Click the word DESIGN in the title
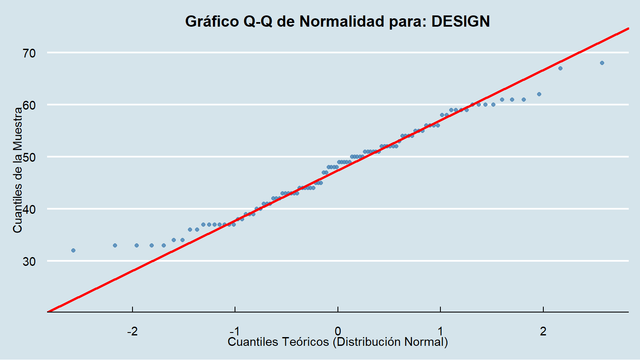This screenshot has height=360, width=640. click(x=460, y=21)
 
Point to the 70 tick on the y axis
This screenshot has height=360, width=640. click(x=30, y=53)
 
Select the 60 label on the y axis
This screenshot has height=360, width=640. click(x=30, y=105)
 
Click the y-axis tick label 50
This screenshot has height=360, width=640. click(x=30, y=157)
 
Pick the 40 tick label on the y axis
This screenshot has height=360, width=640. click(x=30, y=210)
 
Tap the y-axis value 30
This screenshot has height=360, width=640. click(x=30, y=262)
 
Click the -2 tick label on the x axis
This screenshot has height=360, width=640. click(x=132, y=331)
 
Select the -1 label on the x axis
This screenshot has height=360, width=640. click(x=235, y=331)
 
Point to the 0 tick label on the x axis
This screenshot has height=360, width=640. click(x=337, y=331)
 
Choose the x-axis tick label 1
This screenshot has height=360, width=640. click(x=440, y=331)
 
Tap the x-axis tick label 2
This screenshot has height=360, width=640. click(x=543, y=331)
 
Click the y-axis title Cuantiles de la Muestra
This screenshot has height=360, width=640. click(x=17, y=170)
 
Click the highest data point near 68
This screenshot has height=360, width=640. click(x=602, y=63)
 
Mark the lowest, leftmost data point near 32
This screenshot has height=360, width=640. click(x=73, y=250)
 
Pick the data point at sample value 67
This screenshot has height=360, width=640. click(x=560, y=68)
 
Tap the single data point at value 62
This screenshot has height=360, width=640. click(x=539, y=94)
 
